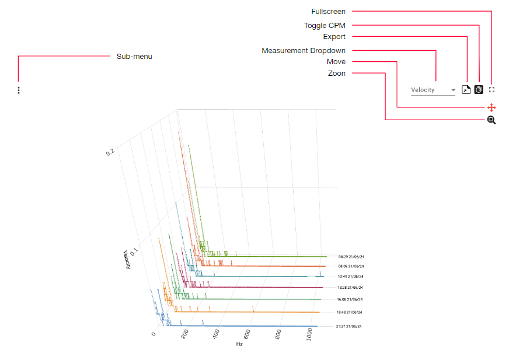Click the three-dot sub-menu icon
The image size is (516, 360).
point(19,90)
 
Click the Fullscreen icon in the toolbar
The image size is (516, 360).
point(491,90)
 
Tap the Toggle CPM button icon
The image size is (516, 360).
point(479,90)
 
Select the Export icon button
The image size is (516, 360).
point(466,90)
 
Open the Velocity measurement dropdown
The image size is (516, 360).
point(433,90)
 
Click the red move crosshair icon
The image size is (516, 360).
point(491,107)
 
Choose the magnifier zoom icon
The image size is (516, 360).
point(491,120)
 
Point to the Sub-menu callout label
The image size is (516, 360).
point(134,57)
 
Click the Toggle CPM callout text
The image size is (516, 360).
point(325,26)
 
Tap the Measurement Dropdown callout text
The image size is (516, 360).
point(304,51)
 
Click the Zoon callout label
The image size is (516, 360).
point(337,74)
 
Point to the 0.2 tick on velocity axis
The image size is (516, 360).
point(110,152)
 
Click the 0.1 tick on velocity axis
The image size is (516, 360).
point(134,251)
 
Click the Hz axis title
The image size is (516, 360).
point(239,344)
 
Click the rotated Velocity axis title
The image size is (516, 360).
point(126,259)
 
